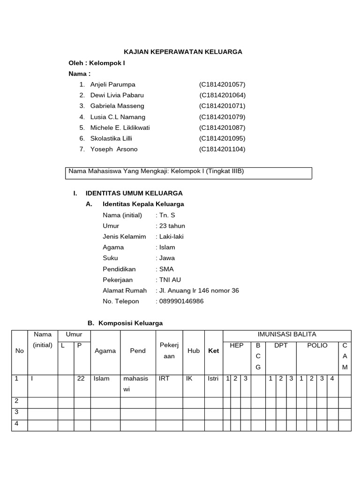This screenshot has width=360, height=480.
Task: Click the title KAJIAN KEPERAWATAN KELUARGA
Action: point(183,52)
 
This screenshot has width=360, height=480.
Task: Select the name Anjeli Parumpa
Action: point(112,84)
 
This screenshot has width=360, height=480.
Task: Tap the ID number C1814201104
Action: point(222,149)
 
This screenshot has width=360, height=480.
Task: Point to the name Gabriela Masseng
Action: point(117,106)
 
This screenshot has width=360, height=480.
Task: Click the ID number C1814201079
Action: point(222,117)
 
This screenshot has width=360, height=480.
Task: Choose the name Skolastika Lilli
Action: point(111,138)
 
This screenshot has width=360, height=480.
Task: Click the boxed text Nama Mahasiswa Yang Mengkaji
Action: point(156,172)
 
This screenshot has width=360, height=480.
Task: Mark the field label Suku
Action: point(110,258)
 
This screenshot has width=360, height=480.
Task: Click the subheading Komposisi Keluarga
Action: point(130,323)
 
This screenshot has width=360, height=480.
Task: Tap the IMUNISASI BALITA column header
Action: point(287,334)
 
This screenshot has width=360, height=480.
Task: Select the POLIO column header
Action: point(317,345)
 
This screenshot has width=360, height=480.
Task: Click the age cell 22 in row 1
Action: point(81,378)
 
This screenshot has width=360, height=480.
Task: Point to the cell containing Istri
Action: point(213,378)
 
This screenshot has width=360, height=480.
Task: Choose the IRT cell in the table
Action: point(164,378)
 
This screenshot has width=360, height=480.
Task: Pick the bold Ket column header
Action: point(213,351)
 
